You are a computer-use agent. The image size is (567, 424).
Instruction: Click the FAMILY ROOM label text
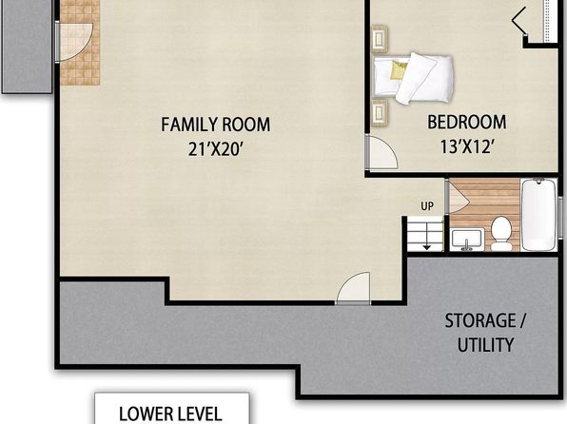[216, 125]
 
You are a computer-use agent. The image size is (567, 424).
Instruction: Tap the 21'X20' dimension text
[215, 148]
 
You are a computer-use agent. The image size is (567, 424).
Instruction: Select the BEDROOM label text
[467, 123]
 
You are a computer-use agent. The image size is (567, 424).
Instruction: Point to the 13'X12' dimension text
[467, 146]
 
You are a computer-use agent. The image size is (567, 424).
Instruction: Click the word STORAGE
[480, 320]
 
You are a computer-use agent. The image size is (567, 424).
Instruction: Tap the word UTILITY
[485, 344]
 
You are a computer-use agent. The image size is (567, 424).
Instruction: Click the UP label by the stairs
[427, 206]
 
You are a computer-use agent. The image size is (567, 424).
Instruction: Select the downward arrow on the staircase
[427, 236]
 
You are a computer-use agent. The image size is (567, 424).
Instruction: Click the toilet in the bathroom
[501, 234]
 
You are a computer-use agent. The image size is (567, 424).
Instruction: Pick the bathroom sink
[467, 239]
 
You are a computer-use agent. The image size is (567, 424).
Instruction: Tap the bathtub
[538, 215]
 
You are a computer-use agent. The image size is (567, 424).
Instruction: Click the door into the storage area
[353, 288]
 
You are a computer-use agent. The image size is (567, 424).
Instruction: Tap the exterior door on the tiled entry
[74, 42]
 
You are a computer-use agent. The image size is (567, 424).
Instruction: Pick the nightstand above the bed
[380, 39]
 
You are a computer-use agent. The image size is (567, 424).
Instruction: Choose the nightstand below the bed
[380, 113]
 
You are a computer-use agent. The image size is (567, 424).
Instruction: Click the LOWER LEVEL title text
[170, 414]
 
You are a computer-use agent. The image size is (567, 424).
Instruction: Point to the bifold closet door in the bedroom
[518, 21]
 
